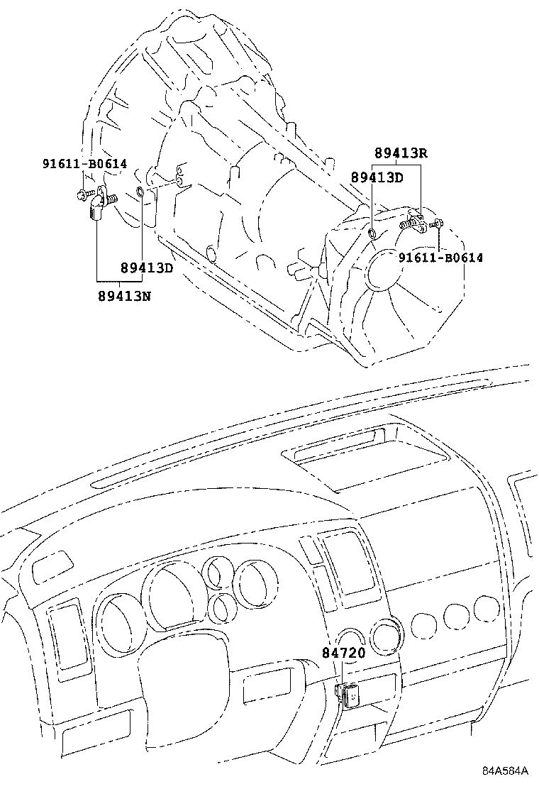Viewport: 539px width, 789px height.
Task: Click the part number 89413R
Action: [x=401, y=154]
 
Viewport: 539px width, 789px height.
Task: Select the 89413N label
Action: [x=125, y=294]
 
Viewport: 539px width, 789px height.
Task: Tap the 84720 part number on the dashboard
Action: [x=343, y=653]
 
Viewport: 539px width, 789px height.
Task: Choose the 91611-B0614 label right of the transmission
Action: [x=440, y=258]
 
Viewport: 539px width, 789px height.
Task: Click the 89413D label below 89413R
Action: [x=377, y=177]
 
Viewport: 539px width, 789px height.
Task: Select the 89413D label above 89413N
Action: [x=147, y=267]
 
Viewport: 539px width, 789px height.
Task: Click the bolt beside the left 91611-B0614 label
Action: [x=82, y=194]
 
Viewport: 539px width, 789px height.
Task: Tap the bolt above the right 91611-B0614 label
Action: [x=435, y=225]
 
